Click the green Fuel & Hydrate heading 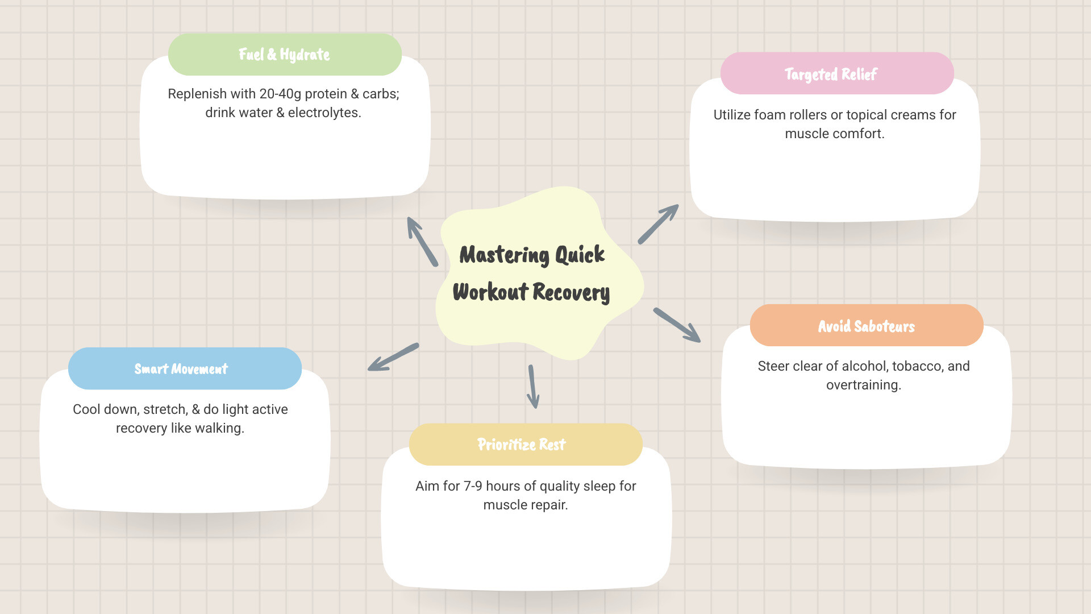click(x=285, y=55)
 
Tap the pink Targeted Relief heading click(x=831, y=74)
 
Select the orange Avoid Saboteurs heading click(x=866, y=326)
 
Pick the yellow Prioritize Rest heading click(x=521, y=444)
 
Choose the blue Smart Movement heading click(x=181, y=368)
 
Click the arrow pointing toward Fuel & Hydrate click(x=422, y=242)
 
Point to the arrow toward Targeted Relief click(x=658, y=224)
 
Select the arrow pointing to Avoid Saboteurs click(x=677, y=325)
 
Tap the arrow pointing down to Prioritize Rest click(x=532, y=387)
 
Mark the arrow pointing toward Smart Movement click(x=393, y=357)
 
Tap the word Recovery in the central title click(x=571, y=292)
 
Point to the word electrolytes click(x=324, y=113)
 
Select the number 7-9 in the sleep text click(x=473, y=486)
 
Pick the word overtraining click(x=863, y=385)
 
